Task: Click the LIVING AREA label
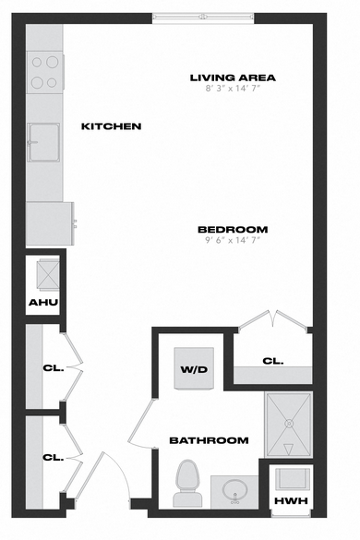coord(233,78)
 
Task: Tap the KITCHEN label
coord(112,126)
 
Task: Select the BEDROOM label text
coord(233,229)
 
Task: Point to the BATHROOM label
coord(210,440)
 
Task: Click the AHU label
coord(43,303)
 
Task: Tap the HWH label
coord(291,500)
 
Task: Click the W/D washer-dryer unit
coord(194,369)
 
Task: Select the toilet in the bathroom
coord(187,483)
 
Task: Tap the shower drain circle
coord(289,423)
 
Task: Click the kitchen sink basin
coord(43,142)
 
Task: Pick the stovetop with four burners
coord(45,72)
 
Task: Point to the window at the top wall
coord(203,18)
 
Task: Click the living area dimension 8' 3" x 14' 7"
coord(233,89)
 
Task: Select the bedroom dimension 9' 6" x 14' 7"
coord(233,240)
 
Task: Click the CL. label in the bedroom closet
coord(273,361)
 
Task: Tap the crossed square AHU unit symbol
coord(48,275)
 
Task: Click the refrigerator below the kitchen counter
coord(50,223)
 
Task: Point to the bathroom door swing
coord(141,423)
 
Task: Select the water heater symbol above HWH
coord(292,478)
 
